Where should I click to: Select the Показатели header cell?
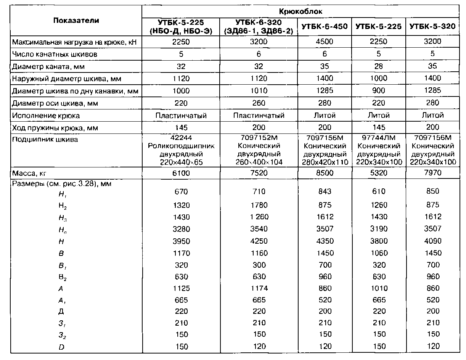(76, 21)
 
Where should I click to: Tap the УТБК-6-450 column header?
(325, 27)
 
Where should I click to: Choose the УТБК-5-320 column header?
(432, 27)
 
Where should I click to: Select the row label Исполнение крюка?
(46, 116)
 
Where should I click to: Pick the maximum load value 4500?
(324, 42)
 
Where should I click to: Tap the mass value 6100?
(181, 173)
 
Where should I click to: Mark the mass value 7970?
(432, 173)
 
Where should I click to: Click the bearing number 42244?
(181, 139)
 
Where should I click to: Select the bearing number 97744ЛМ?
(378, 139)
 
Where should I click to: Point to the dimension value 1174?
(259, 288)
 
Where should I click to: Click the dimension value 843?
(324, 191)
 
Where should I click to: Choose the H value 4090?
(432, 241)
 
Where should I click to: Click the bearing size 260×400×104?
(259, 162)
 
